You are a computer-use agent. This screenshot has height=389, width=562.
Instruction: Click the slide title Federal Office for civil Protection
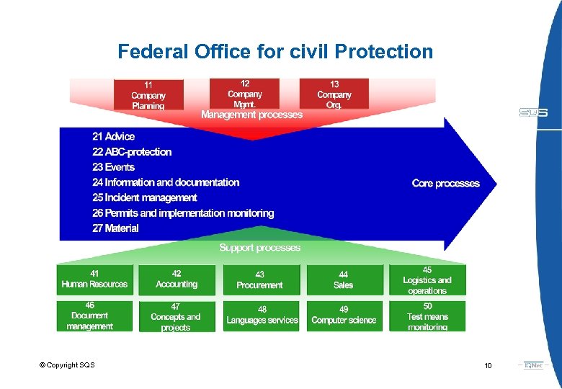275,52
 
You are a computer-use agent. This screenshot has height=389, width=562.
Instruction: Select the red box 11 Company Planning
148,94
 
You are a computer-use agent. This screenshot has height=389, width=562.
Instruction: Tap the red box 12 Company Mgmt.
244,93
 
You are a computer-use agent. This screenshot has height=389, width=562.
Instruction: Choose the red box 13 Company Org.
334,94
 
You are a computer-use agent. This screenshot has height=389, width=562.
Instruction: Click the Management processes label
251,115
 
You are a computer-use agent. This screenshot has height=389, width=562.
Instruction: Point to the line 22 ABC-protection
132,152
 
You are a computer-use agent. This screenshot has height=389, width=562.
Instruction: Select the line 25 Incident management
144,197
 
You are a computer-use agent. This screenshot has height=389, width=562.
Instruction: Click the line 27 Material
115,228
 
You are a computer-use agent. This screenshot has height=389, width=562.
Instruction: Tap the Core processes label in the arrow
445,183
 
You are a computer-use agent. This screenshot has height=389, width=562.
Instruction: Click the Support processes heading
259,248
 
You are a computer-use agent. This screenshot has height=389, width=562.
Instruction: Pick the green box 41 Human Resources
94,280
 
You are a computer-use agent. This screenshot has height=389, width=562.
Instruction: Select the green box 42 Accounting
177,280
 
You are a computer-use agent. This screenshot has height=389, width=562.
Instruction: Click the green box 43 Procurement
259,280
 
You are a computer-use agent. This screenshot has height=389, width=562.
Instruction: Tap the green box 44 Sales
344,280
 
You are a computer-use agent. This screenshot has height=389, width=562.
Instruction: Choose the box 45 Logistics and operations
427,280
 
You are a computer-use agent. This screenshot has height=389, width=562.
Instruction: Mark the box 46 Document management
90,316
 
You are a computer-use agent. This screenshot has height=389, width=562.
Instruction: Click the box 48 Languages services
262,316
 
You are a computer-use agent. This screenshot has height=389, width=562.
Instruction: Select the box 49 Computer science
344,316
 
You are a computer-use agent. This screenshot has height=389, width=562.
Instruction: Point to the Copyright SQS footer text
67,365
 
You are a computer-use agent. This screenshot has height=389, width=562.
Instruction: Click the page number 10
488,366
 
